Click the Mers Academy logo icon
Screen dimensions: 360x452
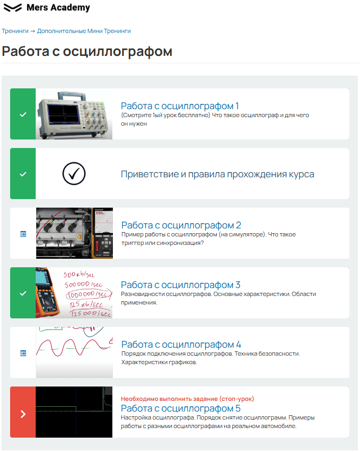pyautogui.click(x=13, y=7)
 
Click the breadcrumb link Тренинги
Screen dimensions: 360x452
pyautogui.click(x=15, y=31)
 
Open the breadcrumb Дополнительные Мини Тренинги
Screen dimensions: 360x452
pyautogui.click(x=84, y=31)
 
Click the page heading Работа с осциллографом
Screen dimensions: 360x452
pyautogui.click(x=87, y=51)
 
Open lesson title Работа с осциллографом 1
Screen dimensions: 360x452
pyautogui.click(x=179, y=106)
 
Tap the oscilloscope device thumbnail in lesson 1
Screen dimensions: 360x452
pyautogui.click(x=74, y=114)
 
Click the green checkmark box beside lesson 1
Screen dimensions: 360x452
pyautogui.click(x=23, y=114)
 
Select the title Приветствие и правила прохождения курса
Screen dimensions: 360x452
pyautogui.click(x=217, y=174)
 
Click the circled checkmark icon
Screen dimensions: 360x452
pyautogui.click(x=74, y=174)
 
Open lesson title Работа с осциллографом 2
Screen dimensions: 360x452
pyautogui.click(x=181, y=225)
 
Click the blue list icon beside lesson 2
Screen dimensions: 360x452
pyautogui.click(x=23, y=234)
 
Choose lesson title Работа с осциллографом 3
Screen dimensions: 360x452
pyautogui.click(x=181, y=284)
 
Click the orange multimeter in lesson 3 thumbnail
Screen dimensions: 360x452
pyautogui.click(x=47, y=293)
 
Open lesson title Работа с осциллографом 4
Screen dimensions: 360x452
pyautogui.click(x=181, y=344)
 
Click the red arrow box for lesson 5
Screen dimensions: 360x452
pyautogui.click(x=23, y=412)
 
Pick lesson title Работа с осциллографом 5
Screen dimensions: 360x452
pyautogui.click(x=181, y=408)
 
